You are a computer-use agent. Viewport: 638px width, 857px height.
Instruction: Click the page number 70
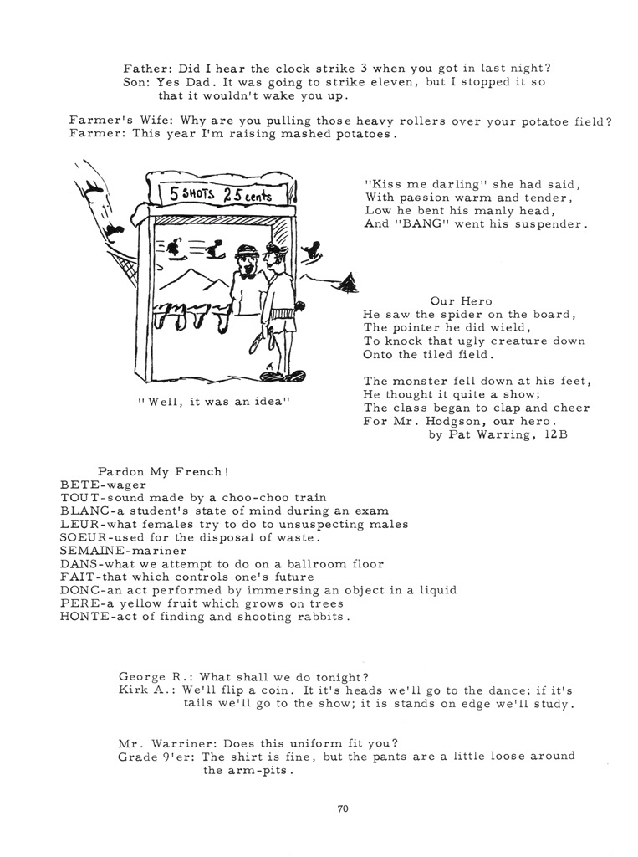342,808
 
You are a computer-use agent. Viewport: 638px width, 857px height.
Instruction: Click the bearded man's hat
245,251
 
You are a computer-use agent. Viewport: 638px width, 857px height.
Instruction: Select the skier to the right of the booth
313,249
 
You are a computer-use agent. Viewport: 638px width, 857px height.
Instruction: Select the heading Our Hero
462,300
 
